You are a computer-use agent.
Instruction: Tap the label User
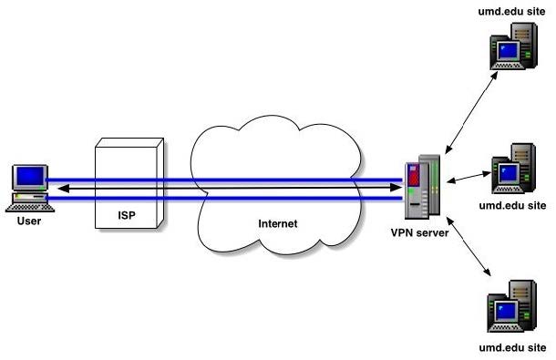28,220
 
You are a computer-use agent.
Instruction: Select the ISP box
131,182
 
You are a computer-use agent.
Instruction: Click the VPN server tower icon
423,190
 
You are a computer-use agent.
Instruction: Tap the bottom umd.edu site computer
510,311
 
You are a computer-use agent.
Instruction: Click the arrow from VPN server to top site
468,109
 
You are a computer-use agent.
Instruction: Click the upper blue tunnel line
228,180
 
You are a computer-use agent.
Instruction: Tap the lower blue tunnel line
228,196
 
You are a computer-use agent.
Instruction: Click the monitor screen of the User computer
31,176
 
